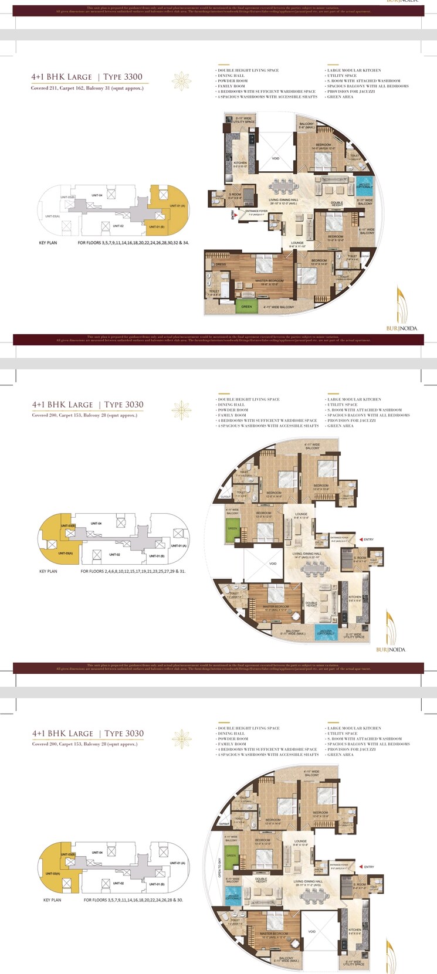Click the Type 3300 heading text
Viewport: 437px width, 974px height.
pyautogui.click(x=123, y=77)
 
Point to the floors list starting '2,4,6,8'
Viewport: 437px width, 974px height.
pyautogui.click(x=133, y=571)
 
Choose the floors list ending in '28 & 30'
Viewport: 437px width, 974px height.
pyautogui.click(x=133, y=900)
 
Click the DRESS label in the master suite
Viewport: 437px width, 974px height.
pyautogui.click(x=221, y=264)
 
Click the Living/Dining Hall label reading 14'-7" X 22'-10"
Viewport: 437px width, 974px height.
pyautogui.click(x=307, y=555)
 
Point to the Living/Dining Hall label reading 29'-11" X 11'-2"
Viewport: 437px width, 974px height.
pyautogui.click(x=308, y=883)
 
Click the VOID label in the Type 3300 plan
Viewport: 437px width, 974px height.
pyautogui.click(x=275, y=158)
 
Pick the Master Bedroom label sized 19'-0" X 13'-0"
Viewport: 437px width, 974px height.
pyautogui.click(x=269, y=282)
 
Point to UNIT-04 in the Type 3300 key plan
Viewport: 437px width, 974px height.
pyautogui.click(x=97, y=195)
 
